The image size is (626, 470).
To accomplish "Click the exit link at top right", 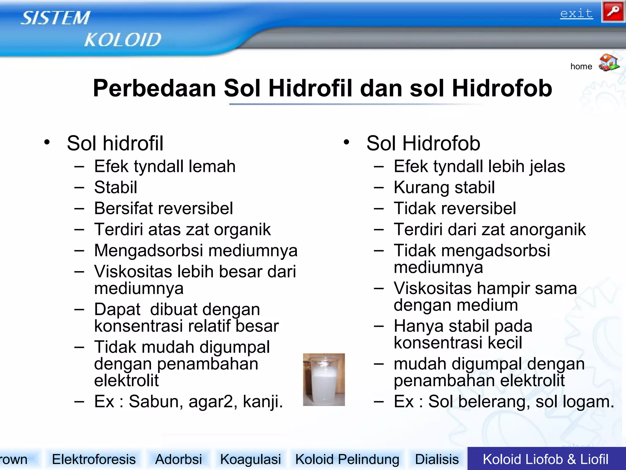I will click(576, 14).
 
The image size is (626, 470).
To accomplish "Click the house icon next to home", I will click(609, 63).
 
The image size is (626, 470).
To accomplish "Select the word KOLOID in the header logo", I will click(123, 40).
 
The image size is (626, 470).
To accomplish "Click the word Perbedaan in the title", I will click(154, 88).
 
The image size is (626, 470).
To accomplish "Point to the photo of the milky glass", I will click(324, 379).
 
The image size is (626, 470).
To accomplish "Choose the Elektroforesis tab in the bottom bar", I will click(94, 459).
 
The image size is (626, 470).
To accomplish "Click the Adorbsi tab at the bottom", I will click(179, 459).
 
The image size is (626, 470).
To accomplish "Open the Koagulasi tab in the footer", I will click(250, 459).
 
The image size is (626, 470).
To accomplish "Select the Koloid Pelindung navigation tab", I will click(347, 459).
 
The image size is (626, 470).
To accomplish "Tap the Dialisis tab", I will click(437, 459).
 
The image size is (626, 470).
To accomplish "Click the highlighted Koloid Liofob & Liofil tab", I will click(546, 459).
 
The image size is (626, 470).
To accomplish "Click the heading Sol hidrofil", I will click(115, 143).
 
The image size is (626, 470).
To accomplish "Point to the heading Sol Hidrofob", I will click(423, 143).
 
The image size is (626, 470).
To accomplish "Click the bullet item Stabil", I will click(116, 187).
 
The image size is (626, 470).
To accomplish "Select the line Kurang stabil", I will click(444, 187).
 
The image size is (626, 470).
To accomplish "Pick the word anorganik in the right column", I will click(547, 229).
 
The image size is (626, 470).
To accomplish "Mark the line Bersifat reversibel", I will click(164, 208).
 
